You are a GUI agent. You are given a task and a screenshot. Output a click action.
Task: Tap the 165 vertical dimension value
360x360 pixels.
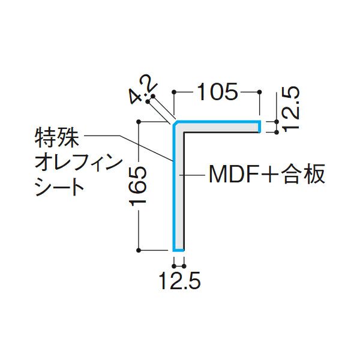tap(139, 186)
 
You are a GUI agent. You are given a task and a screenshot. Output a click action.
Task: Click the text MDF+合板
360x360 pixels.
tap(266, 175)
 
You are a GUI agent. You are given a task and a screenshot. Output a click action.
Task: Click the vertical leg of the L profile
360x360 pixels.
tap(178, 192)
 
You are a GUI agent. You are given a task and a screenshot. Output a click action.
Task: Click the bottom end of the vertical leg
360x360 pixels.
tap(178, 249)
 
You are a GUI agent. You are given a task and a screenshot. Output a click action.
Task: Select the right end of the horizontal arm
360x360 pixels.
tap(259, 127)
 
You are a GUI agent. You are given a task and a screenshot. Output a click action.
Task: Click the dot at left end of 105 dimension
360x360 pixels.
tap(174, 92)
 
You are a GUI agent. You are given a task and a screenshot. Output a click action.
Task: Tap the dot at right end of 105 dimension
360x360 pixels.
tap(259, 92)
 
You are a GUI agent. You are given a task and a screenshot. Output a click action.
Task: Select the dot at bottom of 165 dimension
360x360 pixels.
tap(139, 250)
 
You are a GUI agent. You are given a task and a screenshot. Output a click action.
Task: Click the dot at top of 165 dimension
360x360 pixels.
tap(139, 122)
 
